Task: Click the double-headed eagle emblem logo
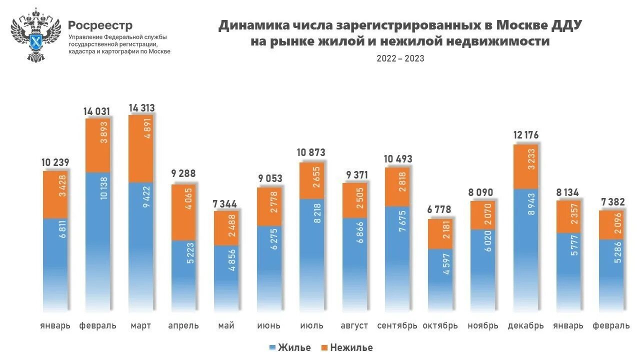tap(35, 34)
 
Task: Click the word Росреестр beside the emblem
tap(100, 25)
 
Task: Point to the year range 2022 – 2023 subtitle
tap(400, 58)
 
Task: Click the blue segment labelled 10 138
tap(98, 240)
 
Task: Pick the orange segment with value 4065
tap(184, 212)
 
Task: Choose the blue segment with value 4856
tap(226, 277)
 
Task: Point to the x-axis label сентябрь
tap(397, 326)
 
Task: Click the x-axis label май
tap(226, 326)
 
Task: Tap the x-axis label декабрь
tap(525, 326)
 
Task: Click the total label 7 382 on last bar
tap(611, 201)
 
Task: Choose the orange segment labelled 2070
tap(483, 215)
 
